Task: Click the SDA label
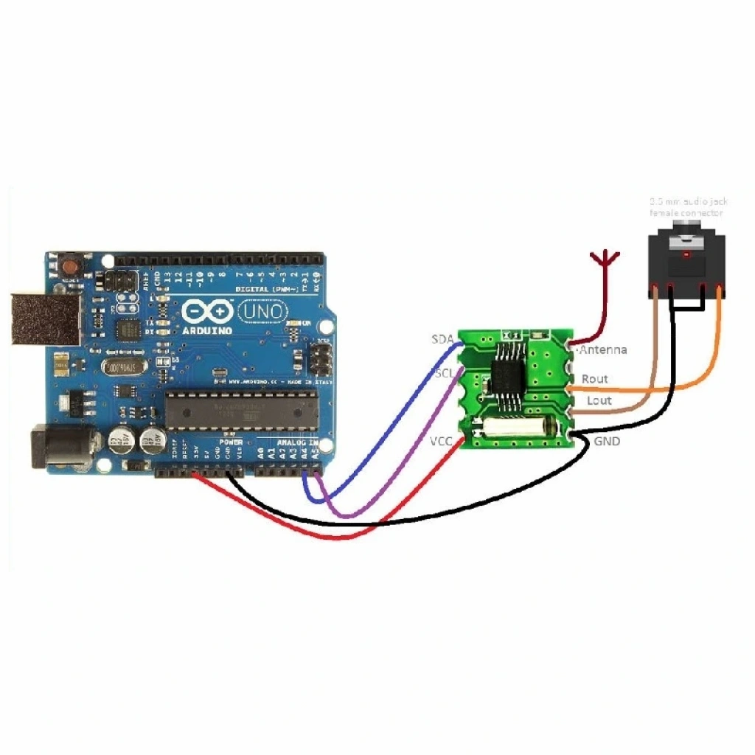coord(442,339)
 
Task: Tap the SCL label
coord(444,373)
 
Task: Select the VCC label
coord(442,442)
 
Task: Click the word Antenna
coord(603,349)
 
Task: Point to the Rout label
coord(595,379)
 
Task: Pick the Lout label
coord(599,400)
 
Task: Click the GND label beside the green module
coord(607,442)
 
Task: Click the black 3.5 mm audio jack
coord(686,265)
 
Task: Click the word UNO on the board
coord(264,312)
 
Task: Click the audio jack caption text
coord(686,206)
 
